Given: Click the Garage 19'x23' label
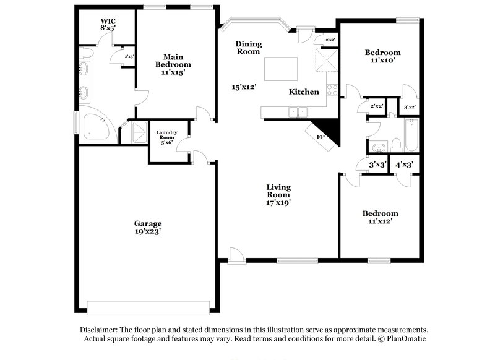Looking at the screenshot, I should click(148, 228).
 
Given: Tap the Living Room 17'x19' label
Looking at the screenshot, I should click(278, 194).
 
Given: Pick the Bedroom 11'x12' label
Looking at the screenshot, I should click(380, 216).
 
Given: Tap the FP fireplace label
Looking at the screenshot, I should click(321, 137).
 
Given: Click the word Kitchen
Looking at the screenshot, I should click(304, 92).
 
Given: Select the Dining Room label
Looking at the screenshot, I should click(249, 48).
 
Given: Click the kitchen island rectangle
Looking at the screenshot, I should click(280, 69).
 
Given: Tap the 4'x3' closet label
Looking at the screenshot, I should click(404, 165).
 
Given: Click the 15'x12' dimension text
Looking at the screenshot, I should click(244, 87).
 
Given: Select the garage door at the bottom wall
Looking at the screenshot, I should click(148, 307).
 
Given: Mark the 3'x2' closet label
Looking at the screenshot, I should click(409, 106).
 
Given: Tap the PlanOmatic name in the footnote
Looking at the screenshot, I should click(408, 339).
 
